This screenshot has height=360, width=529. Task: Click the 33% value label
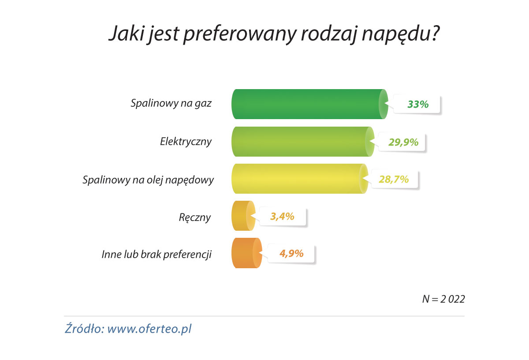417,104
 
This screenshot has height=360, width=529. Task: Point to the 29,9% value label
403,142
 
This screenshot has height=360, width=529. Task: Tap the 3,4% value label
282,216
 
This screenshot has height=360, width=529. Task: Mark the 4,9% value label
291,253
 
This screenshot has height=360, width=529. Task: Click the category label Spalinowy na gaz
171,104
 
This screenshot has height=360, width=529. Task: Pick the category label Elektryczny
186,142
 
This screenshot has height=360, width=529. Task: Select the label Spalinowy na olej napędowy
148,180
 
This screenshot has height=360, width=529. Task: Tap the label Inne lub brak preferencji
157,255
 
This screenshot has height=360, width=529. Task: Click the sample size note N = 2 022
443,299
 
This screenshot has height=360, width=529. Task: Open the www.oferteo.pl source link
149,329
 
